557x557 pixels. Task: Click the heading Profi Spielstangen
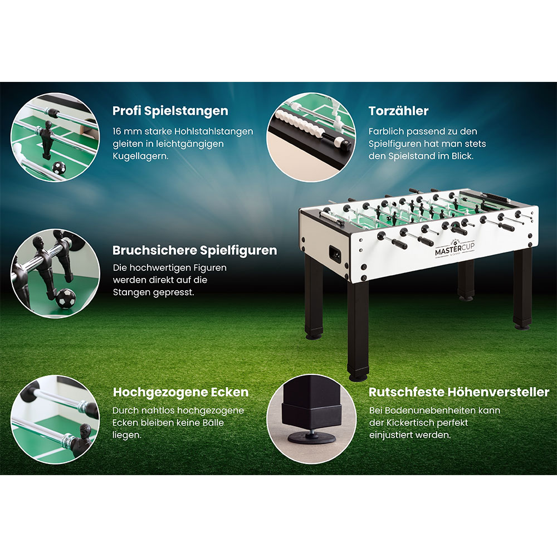[x=170, y=111]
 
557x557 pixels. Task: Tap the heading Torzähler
[x=398, y=111]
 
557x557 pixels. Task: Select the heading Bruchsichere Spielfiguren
[x=194, y=251]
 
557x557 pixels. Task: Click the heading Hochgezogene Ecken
[x=180, y=392]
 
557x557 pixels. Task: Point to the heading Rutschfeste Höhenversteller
[x=459, y=392]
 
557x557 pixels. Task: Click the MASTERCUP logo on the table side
[x=455, y=249]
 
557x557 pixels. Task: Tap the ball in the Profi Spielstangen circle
[x=59, y=167]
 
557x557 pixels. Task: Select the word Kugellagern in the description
[x=140, y=157]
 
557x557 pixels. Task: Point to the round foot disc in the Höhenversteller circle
[x=311, y=438]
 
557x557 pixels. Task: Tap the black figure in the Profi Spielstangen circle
[x=47, y=139]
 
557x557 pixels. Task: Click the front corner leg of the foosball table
[x=358, y=330]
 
